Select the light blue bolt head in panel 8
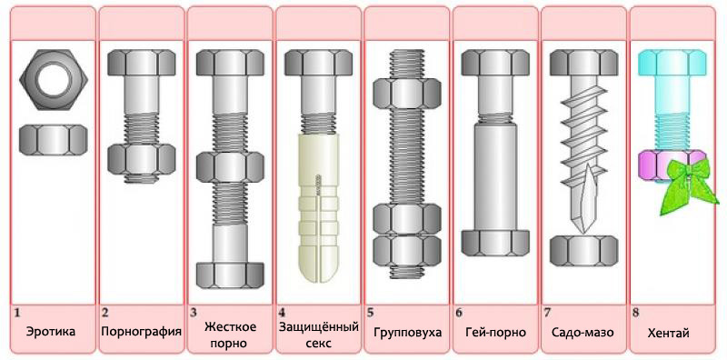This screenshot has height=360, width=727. pos(673,63)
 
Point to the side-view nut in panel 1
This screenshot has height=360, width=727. pos(52,140)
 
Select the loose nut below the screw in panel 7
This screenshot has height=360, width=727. pos(584,250)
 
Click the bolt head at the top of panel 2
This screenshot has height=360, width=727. pos(140,63)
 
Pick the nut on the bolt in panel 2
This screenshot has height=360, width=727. pos(140,158)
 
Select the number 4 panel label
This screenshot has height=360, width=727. pos(282,312)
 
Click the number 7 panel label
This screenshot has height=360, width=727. pos(547,312)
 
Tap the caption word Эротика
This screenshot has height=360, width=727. pos(51,332)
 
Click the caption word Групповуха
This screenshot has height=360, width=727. pos(407,333)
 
